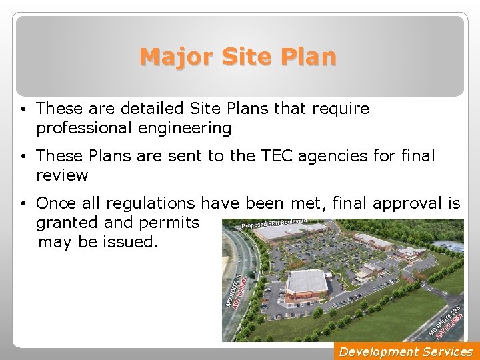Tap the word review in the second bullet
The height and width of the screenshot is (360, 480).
tap(63, 175)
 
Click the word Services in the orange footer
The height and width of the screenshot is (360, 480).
tap(447, 351)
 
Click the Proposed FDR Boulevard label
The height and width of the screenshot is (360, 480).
tap(273, 222)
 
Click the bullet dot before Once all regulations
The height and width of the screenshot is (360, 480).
tap(23, 203)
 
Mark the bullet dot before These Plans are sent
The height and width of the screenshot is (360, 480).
tap(23, 156)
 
